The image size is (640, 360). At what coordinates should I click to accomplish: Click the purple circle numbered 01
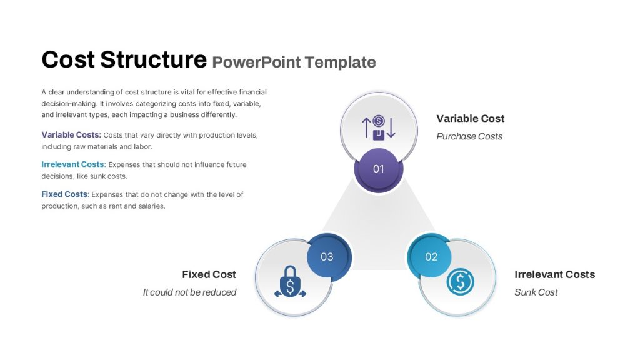[379, 169]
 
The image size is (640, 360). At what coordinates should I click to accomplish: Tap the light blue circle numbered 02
[429, 257]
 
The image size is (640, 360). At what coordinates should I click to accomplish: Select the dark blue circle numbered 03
[327, 257]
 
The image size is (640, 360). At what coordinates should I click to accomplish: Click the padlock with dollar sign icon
[290, 282]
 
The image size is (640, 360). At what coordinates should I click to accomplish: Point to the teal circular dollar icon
[461, 281]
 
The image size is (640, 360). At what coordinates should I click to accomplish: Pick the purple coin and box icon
[379, 127]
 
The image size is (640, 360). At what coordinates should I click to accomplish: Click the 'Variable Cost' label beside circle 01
[470, 118]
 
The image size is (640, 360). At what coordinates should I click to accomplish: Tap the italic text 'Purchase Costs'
[469, 136]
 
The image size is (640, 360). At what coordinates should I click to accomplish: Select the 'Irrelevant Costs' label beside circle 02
[555, 274]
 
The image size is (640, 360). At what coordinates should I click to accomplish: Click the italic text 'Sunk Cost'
[536, 292]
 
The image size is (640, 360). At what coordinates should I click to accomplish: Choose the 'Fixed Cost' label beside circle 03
[209, 274]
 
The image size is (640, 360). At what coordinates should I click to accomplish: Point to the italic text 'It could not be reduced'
[189, 292]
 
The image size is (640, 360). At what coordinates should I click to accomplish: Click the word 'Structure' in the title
[154, 59]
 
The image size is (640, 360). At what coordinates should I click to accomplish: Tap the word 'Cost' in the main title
[68, 59]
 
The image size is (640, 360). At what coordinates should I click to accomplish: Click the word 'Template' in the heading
[341, 62]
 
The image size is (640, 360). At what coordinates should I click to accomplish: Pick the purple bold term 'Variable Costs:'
[71, 135]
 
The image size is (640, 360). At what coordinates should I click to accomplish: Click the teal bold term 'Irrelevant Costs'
[72, 164]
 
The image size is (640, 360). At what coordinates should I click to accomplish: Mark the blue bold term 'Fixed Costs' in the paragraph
[64, 194]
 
